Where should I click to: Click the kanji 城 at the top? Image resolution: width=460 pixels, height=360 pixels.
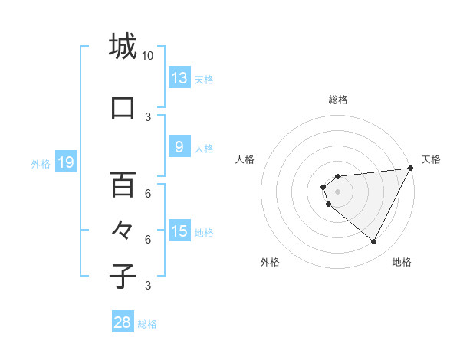pyautogui.click(x=123, y=46)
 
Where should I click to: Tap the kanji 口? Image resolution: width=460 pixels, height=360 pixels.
pyautogui.click(x=123, y=108)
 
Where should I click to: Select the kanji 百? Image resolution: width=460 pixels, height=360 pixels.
pyautogui.click(x=123, y=185)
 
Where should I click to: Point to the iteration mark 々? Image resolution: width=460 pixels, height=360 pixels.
pyautogui.click(x=123, y=230)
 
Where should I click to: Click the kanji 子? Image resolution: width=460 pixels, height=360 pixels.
pyautogui.click(x=123, y=276)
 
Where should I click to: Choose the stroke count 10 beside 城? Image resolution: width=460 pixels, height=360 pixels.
pyautogui.click(x=148, y=56)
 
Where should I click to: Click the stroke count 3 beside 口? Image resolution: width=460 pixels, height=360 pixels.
pyautogui.click(x=148, y=116)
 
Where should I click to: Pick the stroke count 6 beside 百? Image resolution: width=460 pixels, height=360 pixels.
pyautogui.click(x=148, y=193)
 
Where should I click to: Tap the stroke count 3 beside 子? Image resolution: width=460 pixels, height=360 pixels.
pyautogui.click(x=148, y=286)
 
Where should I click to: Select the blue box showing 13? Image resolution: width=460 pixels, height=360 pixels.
pyautogui.click(x=179, y=78)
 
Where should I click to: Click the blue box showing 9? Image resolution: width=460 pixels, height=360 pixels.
pyautogui.click(x=179, y=147)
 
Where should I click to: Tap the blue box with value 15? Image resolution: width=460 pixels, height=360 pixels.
pyautogui.click(x=179, y=231)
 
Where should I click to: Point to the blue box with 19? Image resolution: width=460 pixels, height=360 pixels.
pyautogui.click(x=66, y=162)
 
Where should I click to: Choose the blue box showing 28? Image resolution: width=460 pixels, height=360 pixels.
pyautogui.click(x=123, y=322)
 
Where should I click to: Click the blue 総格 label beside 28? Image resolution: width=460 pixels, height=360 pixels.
pyautogui.click(x=148, y=324)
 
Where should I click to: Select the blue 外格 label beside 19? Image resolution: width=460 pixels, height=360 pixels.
pyautogui.click(x=41, y=163)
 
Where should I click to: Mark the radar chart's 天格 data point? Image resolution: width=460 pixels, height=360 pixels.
pyautogui.click(x=410, y=169)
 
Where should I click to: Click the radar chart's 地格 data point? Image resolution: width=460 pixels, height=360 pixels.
pyautogui.click(x=374, y=242)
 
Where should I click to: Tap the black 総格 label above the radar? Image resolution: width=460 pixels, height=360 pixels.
pyautogui.click(x=337, y=100)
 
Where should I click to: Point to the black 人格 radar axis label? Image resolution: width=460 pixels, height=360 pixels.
pyautogui.click(x=245, y=159)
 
